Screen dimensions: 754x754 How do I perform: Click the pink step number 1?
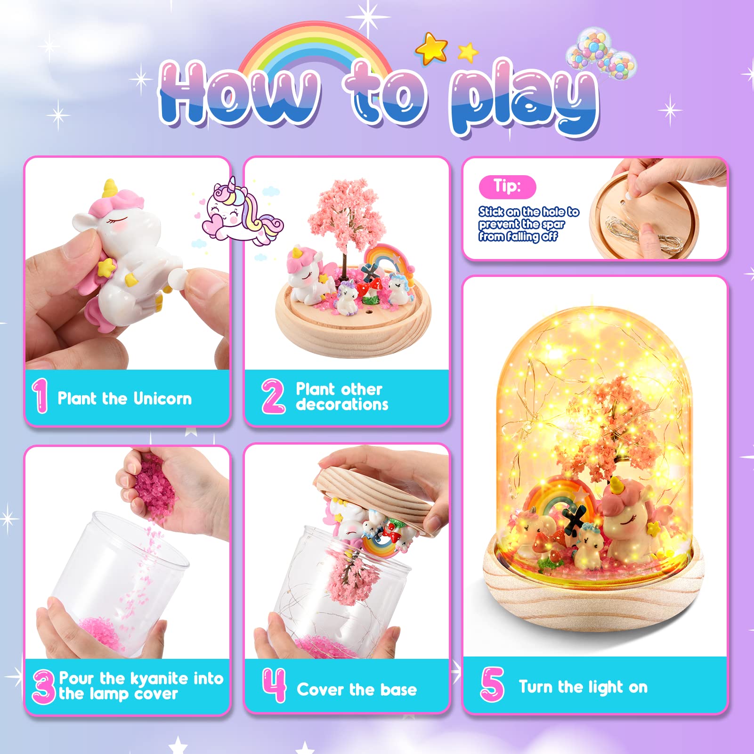[40, 396]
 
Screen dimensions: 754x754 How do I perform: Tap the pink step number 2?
[273, 396]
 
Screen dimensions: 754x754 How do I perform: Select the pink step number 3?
[44, 687]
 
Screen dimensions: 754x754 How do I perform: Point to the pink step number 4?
[274, 685]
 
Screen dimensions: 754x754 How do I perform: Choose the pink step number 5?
[492, 684]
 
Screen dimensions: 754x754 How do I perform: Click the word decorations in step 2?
[342, 405]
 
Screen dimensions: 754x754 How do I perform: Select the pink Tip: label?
[507, 186]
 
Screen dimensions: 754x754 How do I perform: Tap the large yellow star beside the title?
[431, 48]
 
